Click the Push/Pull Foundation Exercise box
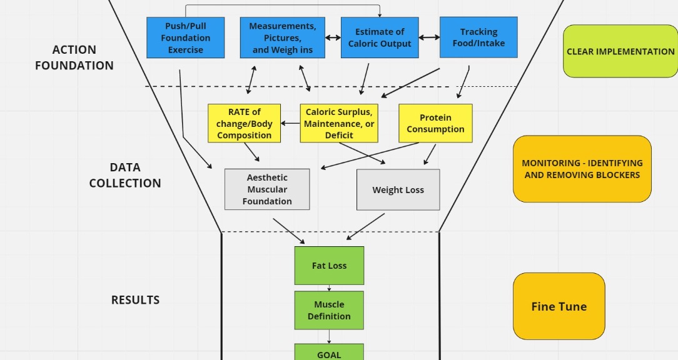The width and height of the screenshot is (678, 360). coord(185,37)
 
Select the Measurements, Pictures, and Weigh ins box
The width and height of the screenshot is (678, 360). coord(282,37)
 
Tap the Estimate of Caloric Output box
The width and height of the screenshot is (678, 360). coord(380,37)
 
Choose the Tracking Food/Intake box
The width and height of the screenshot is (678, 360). coord(478,37)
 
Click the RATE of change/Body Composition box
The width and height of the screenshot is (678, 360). coord(245,123)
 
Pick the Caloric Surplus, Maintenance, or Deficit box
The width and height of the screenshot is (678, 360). coord(339,123)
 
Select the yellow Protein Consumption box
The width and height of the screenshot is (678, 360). coord(435,123)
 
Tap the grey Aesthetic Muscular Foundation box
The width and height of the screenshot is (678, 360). coord(267,189)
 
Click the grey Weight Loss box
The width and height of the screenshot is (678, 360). coord(398,190)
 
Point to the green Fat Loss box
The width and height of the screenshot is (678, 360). coord(329,266)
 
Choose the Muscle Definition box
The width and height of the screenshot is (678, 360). coord(329,310)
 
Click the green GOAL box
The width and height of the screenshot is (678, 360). coord(329,353)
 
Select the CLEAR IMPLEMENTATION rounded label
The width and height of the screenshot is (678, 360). coord(620,51)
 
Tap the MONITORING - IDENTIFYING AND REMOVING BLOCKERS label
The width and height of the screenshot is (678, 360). coord(582,169)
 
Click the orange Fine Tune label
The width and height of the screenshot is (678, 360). coord(559,306)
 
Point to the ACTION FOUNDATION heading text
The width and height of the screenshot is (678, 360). coord(74,57)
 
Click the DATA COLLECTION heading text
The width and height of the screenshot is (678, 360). coord(125,175)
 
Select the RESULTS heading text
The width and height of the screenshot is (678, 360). coord(135,300)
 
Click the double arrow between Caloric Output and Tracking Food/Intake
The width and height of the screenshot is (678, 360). coord(429,37)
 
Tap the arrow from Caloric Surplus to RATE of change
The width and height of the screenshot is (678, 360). coord(290,123)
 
